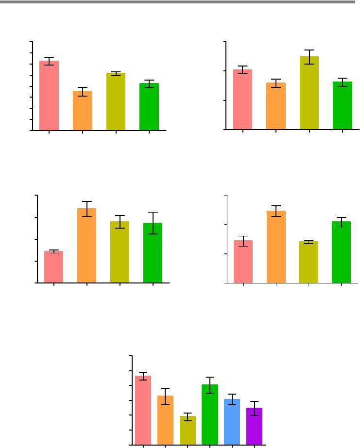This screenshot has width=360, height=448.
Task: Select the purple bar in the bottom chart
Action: tap(254, 426)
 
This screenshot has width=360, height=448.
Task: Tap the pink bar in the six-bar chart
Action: tap(143, 410)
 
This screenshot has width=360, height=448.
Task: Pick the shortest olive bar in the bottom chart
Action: tap(188, 431)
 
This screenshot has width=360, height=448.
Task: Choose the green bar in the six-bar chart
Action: tap(209, 415)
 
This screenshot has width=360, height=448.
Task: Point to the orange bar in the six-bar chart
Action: tap(165, 420)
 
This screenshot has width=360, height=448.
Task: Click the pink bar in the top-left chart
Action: tap(49, 96)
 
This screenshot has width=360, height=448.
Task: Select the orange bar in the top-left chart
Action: tap(83, 111)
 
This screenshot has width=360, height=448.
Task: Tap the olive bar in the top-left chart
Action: tap(116, 102)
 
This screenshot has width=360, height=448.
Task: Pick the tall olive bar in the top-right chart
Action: tap(309, 93)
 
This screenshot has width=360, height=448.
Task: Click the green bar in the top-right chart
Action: tap(342, 106)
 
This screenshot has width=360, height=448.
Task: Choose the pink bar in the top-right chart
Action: tap(242, 100)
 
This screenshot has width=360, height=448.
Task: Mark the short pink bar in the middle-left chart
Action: tap(53, 267)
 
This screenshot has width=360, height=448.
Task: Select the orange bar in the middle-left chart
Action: tap(86, 246)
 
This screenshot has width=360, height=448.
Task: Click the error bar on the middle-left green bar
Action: tap(153, 223)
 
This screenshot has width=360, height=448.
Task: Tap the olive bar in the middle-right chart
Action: tap(309, 262)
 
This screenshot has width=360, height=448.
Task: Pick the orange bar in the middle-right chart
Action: tap(276, 247)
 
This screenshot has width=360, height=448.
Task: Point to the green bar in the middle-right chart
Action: tap(341, 252)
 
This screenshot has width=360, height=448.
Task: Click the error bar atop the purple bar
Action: tap(254, 408)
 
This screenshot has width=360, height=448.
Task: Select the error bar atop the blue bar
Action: tap(232, 399)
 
